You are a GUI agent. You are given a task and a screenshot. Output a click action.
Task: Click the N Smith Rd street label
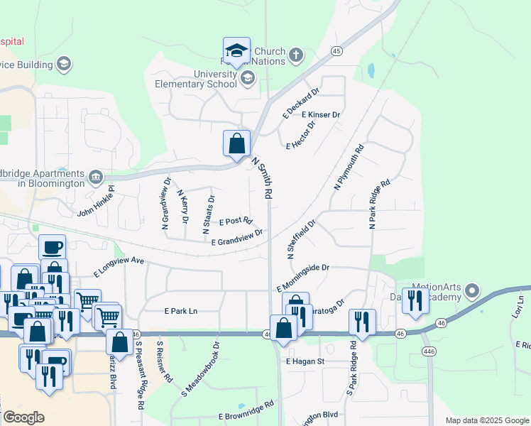pos(262,178)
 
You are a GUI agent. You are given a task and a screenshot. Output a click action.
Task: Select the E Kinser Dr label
pos(321,114)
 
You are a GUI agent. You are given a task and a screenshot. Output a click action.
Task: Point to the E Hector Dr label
pos(300,135)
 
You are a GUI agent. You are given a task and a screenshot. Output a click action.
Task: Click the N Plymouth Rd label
pos(349,167)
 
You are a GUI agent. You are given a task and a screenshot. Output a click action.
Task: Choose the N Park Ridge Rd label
pos(379,204)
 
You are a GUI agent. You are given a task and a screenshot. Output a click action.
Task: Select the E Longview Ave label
pos(119,267)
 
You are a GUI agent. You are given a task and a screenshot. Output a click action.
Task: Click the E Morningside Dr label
pos(303,276)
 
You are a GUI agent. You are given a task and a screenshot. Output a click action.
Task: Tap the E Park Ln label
pos(180,311)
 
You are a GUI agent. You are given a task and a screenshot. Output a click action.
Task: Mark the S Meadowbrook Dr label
pos(201,368)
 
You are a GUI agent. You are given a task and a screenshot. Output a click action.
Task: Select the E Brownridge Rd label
pos(246,410)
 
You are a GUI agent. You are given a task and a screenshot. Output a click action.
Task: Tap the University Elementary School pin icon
pos(247,78)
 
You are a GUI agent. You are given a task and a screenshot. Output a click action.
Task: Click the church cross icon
pos(295,55)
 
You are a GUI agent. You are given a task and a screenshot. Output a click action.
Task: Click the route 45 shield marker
pos(336,51)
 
